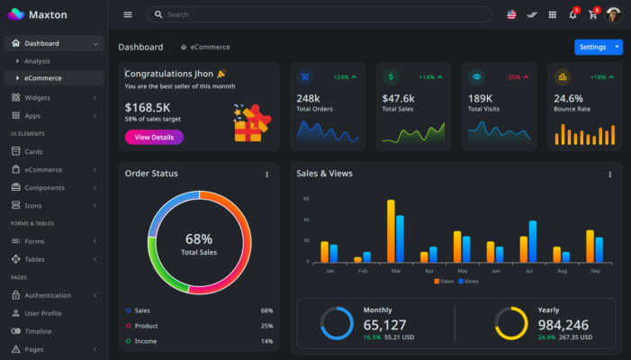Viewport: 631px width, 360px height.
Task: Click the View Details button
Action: tap(154, 137)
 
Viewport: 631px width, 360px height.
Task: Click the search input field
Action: tap(324, 14)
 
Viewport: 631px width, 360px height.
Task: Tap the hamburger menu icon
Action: tap(128, 14)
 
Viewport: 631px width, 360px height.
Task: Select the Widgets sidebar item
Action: tap(37, 97)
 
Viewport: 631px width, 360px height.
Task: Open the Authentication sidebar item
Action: tap(48, 295)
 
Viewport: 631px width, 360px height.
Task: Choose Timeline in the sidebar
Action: tap(38, 331)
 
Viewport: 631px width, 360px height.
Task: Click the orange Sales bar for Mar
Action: tap(391, 230)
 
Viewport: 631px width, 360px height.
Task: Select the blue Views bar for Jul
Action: tap(533, 241)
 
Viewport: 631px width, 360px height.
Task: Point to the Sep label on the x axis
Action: tap(594, 271)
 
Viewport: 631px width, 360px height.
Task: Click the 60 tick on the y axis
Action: tap(306, 199)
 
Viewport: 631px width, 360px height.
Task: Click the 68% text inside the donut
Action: tap(199, 239)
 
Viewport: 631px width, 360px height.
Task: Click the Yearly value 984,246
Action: tap(563, 325)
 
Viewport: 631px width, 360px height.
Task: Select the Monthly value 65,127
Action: tap(385, 325)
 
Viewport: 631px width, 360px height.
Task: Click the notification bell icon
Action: tap(572, 14)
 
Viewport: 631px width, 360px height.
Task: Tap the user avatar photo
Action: tap(613, 14)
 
